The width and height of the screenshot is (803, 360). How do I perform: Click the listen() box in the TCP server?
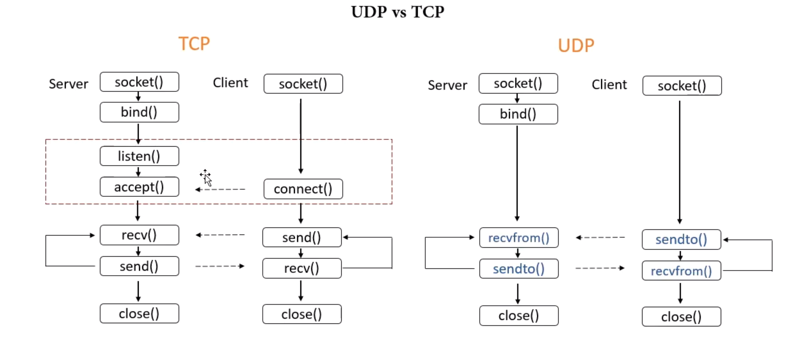pyautogui.click(x=140, y=156)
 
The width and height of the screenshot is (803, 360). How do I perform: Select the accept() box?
pyautogui.click(x=140, y=187)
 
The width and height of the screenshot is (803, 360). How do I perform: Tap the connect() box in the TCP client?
pyautogui.click(x=303, y=189)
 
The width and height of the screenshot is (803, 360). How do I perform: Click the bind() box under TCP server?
pyautogui.click(x=140, y=112)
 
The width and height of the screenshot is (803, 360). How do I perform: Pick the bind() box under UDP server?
pyautogui.click(x=518, y=114)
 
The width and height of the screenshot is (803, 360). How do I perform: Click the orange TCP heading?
pyautogui.click(x=194, y=44)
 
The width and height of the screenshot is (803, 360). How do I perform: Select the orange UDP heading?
pyautogui.click(x=576, y=46)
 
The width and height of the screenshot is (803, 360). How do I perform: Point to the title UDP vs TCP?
pyautogui.click(x=398, y=12)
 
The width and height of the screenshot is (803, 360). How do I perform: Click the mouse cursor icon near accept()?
pyautogui.click(x=206, y=177)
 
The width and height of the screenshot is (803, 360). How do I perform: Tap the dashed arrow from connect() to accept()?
pyautogui.click(x=220, y=189)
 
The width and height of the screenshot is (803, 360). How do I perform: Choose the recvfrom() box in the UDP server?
pyautogui.click(x=519, y=238)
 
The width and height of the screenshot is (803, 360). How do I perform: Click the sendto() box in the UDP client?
pyautogui.click(x=681, y=239)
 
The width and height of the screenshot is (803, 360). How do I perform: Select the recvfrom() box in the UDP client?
pyautogui.click(x=681, y=271)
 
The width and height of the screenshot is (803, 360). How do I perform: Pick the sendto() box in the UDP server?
pyautogui.click(x=519, y=269)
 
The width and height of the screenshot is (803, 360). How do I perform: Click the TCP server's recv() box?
pyautogui.click(x=140, y=235)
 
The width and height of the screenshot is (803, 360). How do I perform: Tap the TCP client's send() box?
pyautogui.click(x=302, y=237)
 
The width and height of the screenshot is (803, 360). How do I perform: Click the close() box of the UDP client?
pyautogui.click(x=681, y=316)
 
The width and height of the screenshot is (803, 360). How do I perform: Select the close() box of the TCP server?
pyautogui.click(x=140, y=314)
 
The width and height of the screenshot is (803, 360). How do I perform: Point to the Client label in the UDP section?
pyautogui.click(x=609, y=84)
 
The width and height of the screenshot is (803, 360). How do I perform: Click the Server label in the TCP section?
pyautogui.click(x=68, y=84)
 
